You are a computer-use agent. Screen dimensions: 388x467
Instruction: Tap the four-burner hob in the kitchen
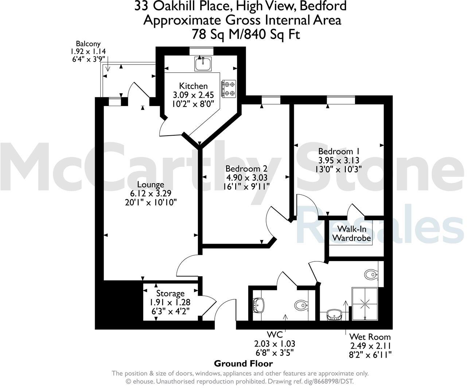tap(229, 89)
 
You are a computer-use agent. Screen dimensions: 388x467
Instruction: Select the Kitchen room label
tap(194, 86)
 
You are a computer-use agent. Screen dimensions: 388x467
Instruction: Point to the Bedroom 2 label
tap(246, 169)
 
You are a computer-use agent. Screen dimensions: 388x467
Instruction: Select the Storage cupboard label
tap(170, 294)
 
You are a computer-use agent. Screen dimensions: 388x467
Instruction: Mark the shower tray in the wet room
tap(365, 304)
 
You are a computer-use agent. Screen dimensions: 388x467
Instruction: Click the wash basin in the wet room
tap(335, 314)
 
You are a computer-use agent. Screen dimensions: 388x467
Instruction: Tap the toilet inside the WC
tap(301, 304)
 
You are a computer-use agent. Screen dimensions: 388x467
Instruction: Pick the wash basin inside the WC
tap(259, 304)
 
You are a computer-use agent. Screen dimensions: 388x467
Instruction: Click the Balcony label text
tap(88, 44)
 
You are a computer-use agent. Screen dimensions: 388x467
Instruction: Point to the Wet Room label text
tap(370, 337)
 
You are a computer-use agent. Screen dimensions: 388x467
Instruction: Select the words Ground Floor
tap(243, 364)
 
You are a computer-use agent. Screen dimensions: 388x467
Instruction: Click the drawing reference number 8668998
tap(326, 381)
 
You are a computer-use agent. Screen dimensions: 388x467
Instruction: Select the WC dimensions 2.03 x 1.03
tap(275, 344)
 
